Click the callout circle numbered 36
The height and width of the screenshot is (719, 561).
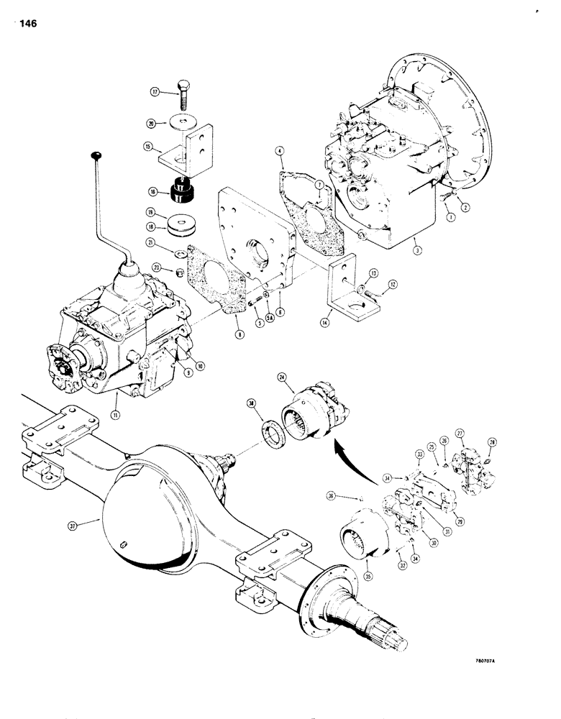point(350,495)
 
